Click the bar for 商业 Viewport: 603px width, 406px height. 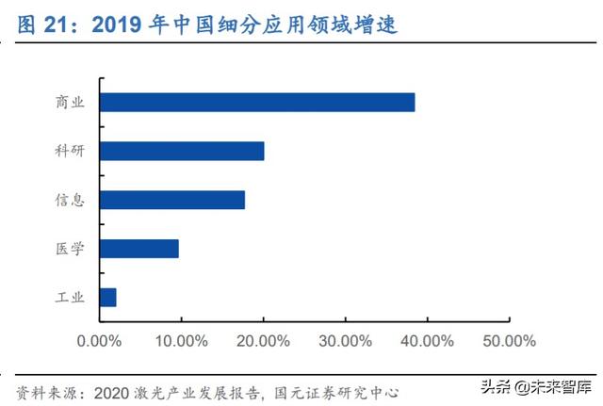(x=256, y=103)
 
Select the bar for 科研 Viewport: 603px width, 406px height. (x=181, y=151)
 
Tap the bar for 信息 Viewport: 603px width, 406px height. (x=171, y=200)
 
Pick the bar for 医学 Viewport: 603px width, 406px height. (x=139, y=249)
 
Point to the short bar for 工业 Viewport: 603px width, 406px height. (x=107, y=298)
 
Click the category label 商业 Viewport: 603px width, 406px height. (x=70, y=103)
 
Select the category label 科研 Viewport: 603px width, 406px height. (x=70, y=151)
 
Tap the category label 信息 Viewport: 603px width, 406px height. (x=70, y=200)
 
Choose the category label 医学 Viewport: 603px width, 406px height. (x=70, y=249)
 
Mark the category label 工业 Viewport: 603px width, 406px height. (x=70, y=298)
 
